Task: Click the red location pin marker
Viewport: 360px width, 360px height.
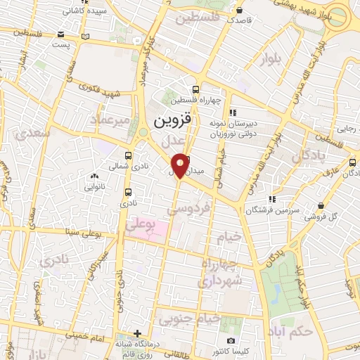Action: pyautogui.click(x=180, y=165)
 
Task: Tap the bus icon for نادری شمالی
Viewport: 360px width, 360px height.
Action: pyautogui.click(x=128, y=155)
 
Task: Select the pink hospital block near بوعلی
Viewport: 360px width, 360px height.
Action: pyautogui.click(x=158, y=230)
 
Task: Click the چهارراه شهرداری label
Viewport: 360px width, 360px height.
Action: pyautogui.click(x=220, y=272)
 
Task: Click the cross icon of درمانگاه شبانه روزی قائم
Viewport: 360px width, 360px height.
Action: pyautogui.click(x=138, y=333)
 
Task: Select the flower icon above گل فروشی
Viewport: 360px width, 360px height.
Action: pyautogui.click(x=321, y=206)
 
